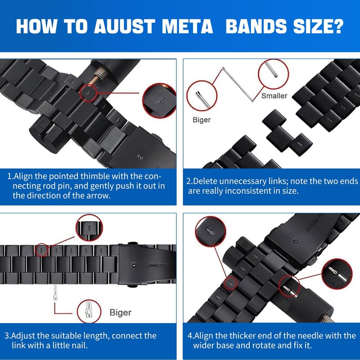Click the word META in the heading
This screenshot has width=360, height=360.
click(x=186, y=27)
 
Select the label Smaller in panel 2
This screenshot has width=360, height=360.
click(x=274, y=95)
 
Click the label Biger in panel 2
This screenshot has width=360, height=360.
click(x=201, y=120)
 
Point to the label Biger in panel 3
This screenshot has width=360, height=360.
click(x=121, y=312)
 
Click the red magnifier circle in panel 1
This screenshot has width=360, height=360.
click(x=159, y=100)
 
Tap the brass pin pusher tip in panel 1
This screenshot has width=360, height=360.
click(x=96, y=80)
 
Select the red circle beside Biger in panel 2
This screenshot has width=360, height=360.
click(x=202, y=95)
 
